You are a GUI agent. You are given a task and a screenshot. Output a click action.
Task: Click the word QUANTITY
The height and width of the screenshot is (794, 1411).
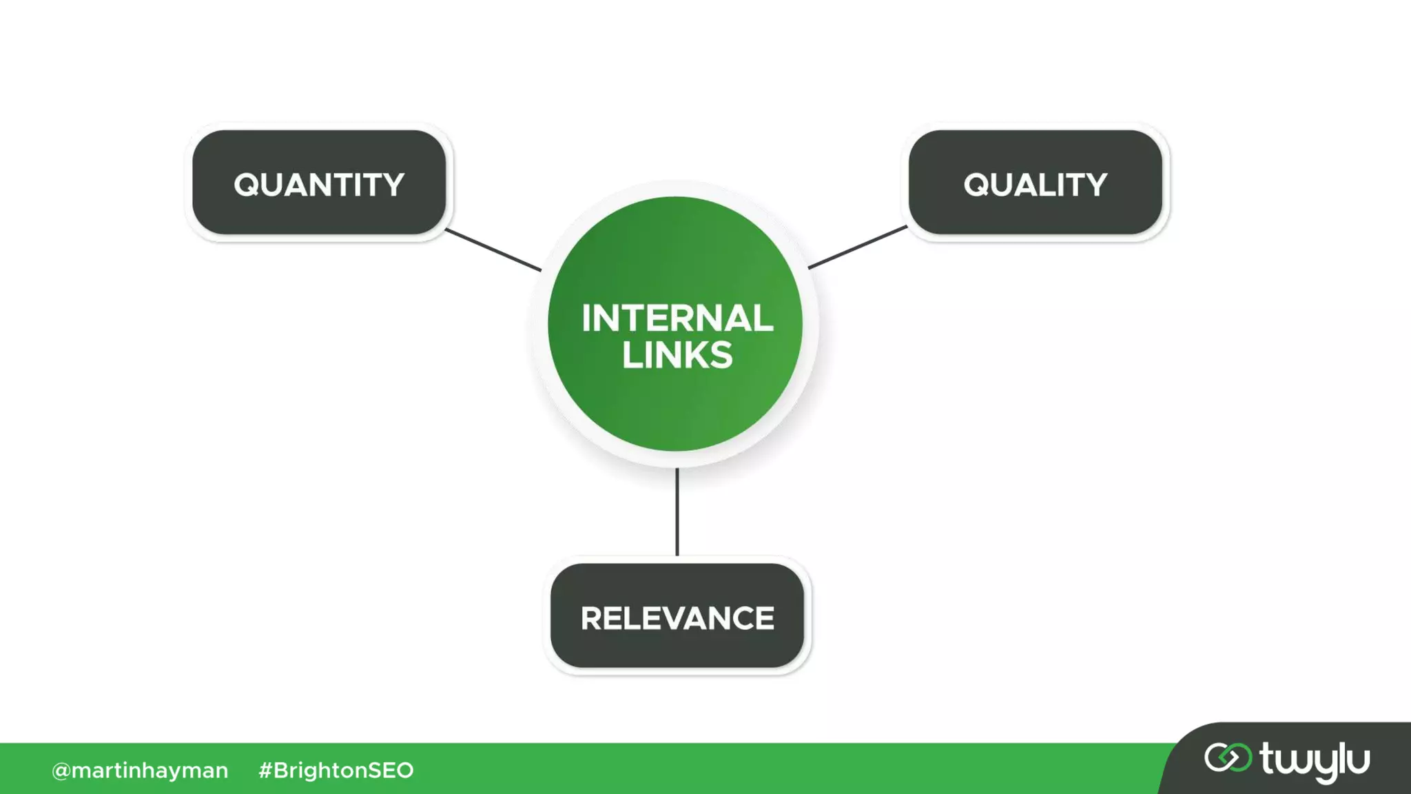click(x=319, y=185)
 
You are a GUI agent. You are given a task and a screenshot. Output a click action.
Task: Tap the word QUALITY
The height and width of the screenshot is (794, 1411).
click(x=1035, y=185)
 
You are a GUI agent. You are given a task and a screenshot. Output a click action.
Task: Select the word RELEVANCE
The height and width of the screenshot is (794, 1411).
click(x=677, y=618)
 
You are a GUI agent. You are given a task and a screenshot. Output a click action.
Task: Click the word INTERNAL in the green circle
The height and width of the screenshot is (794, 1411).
click(x=677, y=318)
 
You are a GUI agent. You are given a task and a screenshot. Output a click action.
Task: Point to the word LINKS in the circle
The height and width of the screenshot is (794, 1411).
click(x=677, y=355)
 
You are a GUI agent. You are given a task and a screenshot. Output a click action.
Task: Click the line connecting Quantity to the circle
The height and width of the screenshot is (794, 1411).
click(x=493, y=250)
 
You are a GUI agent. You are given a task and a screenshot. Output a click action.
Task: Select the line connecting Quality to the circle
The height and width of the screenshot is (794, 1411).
click(x=858, y=247)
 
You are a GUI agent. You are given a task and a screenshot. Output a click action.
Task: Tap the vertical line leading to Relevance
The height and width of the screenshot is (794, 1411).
click(x=677, y=511)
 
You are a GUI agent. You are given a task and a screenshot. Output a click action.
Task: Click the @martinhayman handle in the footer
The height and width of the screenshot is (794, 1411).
click(x=140, y=770)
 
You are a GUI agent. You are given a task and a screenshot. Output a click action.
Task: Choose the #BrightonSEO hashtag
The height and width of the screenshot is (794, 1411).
click(x=336, y=770)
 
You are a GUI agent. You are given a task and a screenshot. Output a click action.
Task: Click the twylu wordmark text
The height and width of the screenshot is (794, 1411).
click(x=1315, y=760)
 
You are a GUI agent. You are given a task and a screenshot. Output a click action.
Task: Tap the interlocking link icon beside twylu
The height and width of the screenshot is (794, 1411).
click(x=1228, y=757)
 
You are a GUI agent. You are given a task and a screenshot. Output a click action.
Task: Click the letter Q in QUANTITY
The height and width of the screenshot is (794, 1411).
click(x=247, y=185)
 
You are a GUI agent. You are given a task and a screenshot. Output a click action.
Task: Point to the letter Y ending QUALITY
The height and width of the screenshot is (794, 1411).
click(x=1095, y=185)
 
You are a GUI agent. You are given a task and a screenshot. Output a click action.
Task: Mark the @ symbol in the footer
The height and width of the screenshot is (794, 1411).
click(x=61, y=771)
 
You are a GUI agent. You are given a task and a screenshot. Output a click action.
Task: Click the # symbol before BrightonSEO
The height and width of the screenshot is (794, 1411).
click(x=265, y=770)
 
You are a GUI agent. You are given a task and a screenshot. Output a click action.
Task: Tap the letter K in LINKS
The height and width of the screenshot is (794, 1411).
click(x=694, y=355)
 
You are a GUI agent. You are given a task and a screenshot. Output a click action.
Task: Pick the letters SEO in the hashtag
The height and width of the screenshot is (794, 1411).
click(x=391, y=770)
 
